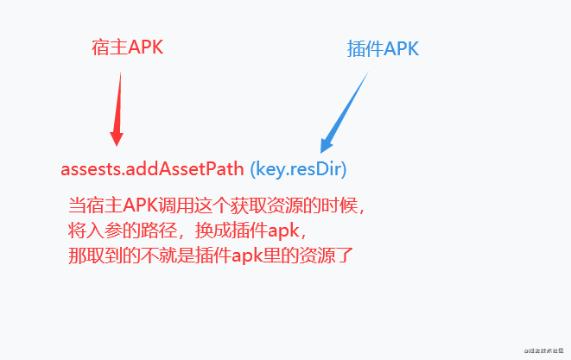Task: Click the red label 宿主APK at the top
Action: pyautogui.click(x=127, y=47)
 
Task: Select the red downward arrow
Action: pyautogui.click(x=117, y=108)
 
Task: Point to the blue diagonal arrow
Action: pyautogui.click(x=346, y=111)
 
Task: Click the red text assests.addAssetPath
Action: pyautogui.click(x=152, y=168)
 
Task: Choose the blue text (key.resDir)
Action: pyautogui.click(x=298, y=168)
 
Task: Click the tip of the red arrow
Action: pyautogui.click(x=117, y=143)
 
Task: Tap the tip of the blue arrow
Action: pyautogui.click(x=322, y=151)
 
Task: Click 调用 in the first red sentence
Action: pyautogui.click(x=172, y=206)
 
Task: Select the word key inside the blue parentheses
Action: pyautogui.click(x=270, y=168)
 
